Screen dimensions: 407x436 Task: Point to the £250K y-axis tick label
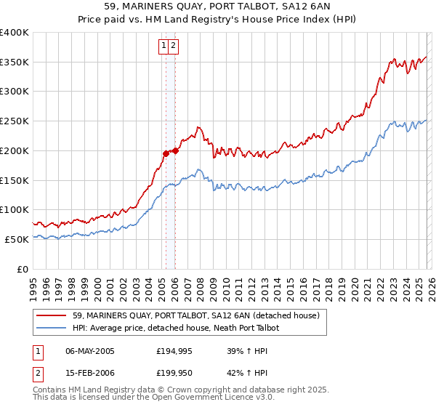point(15,121)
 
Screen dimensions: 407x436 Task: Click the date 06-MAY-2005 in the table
point(90,351)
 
